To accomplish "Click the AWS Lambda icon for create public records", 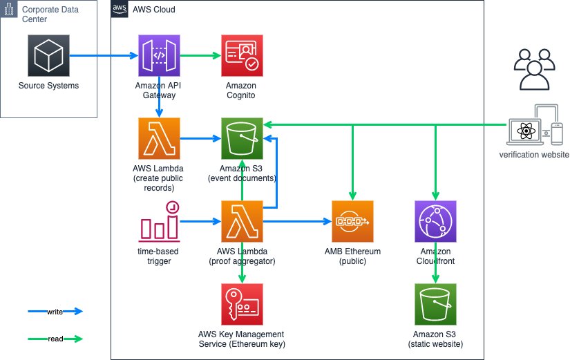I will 159,138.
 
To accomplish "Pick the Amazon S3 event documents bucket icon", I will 241,138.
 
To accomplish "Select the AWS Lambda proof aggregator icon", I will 241,221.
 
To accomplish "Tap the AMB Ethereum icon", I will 352,221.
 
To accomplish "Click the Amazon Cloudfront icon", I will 435,221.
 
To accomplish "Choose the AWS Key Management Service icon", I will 241,304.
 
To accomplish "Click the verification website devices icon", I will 534,125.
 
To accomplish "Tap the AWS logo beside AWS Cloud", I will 120,10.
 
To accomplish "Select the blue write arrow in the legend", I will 55,312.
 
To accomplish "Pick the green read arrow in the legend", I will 55,339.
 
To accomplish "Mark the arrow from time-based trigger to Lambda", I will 200,221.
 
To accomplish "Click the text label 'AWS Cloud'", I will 153,10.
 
